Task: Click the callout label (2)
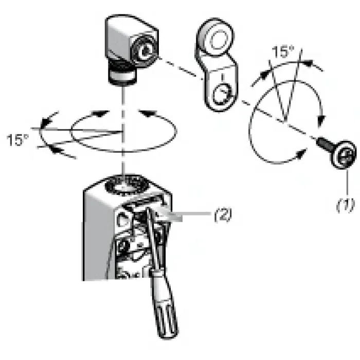223,215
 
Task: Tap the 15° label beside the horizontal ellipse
18,140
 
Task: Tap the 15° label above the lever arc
283,51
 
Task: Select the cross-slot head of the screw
344,155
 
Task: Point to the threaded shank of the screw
324,143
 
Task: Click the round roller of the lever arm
215,38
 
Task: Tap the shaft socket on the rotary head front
145,51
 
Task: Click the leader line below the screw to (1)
347,183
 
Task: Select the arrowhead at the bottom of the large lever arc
301,153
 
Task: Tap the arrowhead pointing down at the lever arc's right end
321,121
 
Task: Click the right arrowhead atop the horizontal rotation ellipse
147,113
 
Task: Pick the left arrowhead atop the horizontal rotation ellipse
100,114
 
